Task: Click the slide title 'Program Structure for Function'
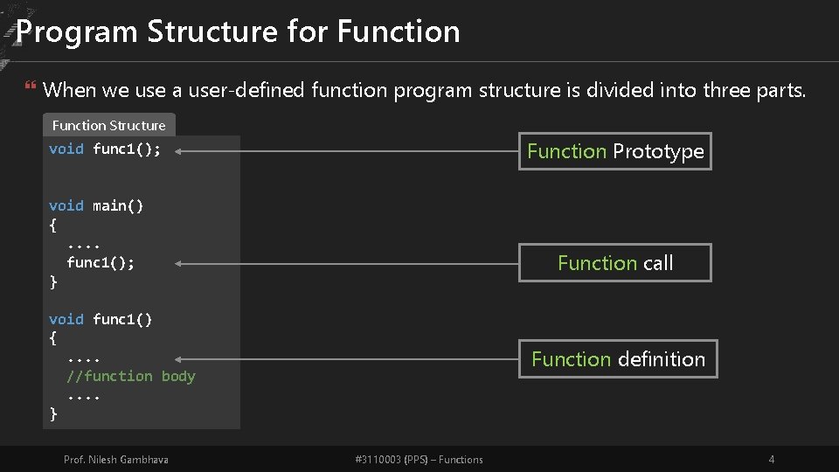[238, 31]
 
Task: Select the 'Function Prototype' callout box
[615, 151]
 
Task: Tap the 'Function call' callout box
[615, 263]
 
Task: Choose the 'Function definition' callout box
[618, 359]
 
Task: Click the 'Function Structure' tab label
[109, 125]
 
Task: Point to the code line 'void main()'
[96, 205]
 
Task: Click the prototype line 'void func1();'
[105, 149]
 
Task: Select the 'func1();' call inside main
[101, 262]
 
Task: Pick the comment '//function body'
[131, 376]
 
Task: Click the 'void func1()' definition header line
[101, 319]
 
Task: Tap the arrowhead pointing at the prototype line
[178, 150]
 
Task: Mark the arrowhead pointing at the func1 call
[178, 262]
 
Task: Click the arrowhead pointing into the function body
[178, 358]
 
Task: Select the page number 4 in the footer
[771, 460]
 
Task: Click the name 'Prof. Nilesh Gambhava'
[116, 460]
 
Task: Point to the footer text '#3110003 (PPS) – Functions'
[419, 460]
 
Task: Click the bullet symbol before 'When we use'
[31, 89]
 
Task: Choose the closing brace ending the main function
[53, 281]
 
